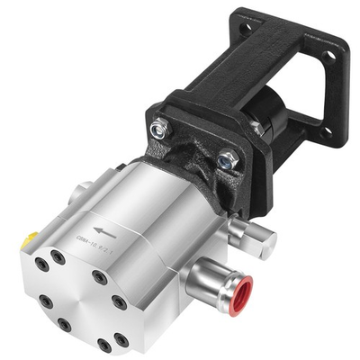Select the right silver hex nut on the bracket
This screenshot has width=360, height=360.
tap(227, 161)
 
